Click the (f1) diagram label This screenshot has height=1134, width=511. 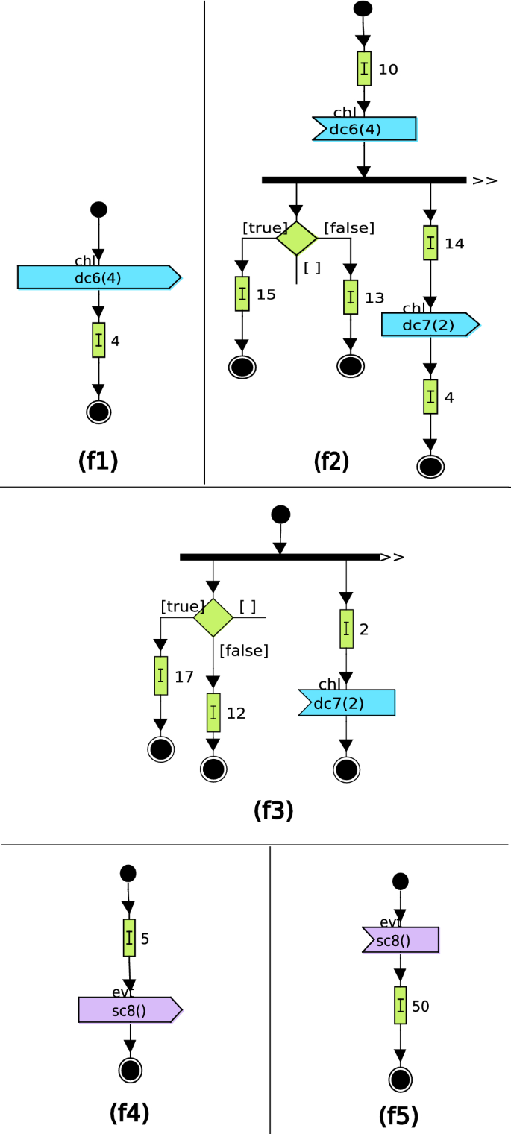click(x=98, y=462)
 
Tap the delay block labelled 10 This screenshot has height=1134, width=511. click(x=364, y=69)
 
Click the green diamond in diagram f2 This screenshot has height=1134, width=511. click(x=297, y=238)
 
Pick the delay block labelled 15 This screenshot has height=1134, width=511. click(x=242, y=294)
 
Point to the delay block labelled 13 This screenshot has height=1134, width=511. click(x=351, y=297)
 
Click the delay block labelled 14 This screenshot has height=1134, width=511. click(x=430, y=243)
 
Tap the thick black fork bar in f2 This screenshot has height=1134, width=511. click(x=364, y=180)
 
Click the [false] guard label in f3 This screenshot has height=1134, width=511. click(x=244, y=650)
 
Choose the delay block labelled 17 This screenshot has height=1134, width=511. click(x=161, y=675)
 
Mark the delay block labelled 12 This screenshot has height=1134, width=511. click(x=213, y=713)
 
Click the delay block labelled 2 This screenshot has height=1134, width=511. click(x=346, y=629)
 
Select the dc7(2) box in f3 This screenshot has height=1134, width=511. click(x=347, y=702)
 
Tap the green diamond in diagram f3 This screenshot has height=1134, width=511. click(x=213, y=617)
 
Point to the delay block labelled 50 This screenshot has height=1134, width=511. click(x=401, y=1005)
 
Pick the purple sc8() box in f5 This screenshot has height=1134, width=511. click(x=401, y=939)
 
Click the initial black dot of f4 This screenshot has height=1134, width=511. click(x=128, y=873)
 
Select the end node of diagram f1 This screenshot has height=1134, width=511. click(x=98, y=412)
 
